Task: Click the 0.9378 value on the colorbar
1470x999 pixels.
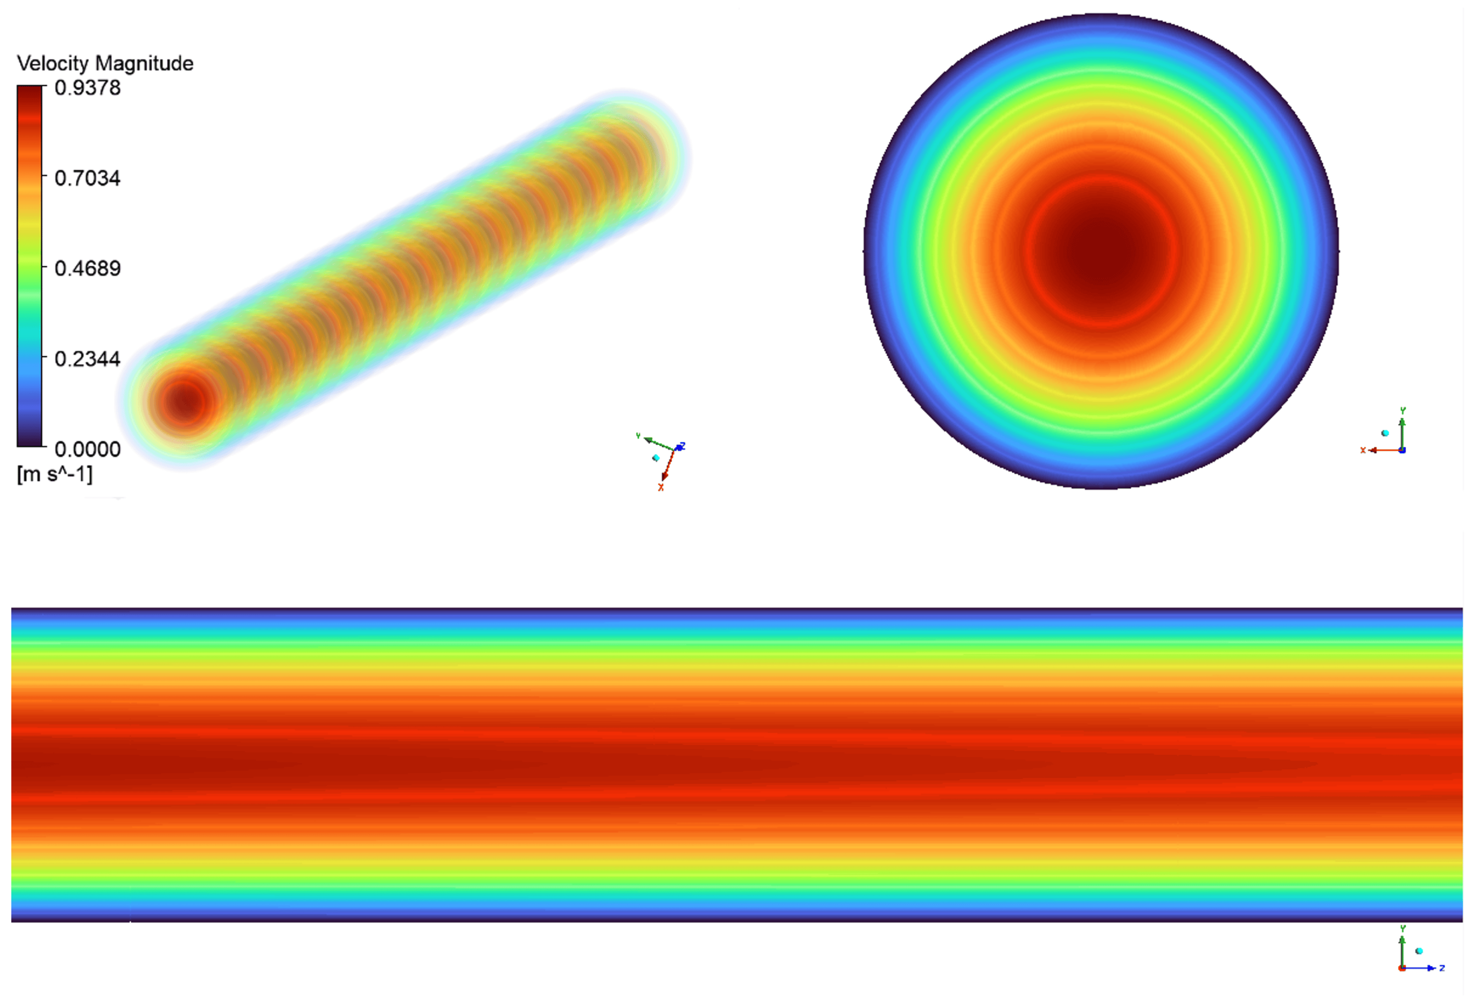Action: pos(87,88)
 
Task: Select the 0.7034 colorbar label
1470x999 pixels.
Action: pos(87,178)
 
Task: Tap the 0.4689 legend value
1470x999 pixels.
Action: pos(87,269)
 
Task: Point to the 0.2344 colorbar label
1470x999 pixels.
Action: pos(87,359)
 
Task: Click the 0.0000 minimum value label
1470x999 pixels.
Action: pos(87,450)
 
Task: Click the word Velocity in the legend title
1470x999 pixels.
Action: pos(52,63)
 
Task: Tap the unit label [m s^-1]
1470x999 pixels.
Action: pos(54,474)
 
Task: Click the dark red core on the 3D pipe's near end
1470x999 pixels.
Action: pos(184,401)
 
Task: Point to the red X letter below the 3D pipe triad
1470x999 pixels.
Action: pos(661,488)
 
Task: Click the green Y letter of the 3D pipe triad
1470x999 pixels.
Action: pos(638,436)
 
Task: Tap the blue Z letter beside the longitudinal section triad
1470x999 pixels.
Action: pos(1442,969)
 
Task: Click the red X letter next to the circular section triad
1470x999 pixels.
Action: pos(1363,450)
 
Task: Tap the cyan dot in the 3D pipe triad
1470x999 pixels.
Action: pos(656,458)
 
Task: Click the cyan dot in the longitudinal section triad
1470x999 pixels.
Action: pos(1419,951)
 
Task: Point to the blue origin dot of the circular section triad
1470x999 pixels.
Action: pos(1402,450)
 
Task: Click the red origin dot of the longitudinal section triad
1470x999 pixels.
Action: pos(1402,969)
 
